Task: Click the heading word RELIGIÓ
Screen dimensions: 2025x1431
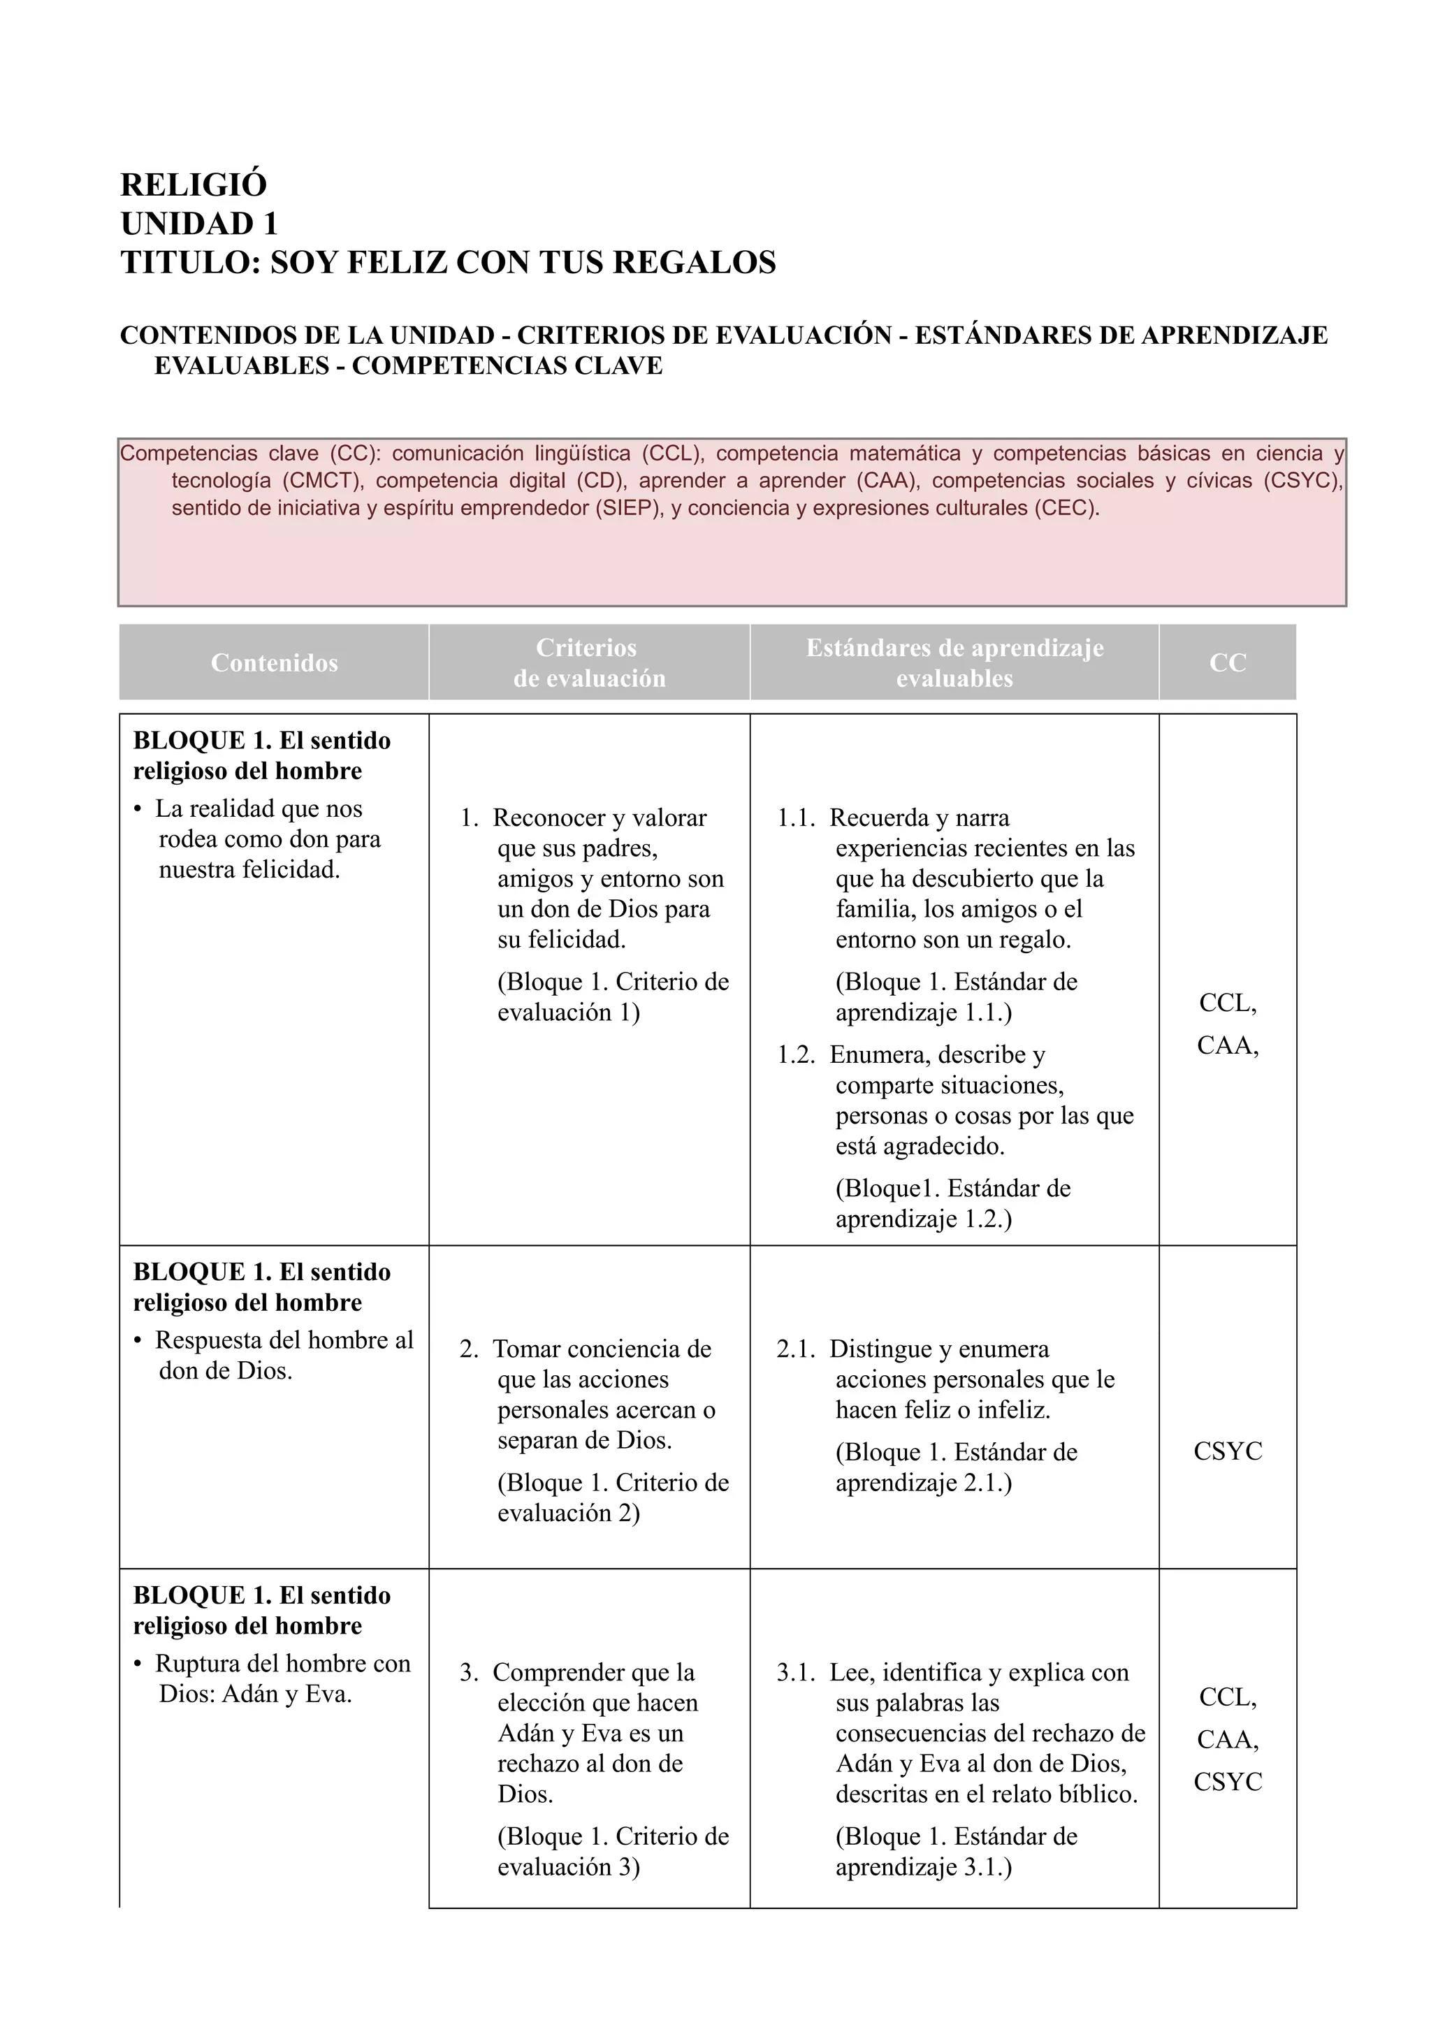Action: pos(193,185)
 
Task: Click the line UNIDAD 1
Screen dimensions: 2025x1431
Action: pos(199,224)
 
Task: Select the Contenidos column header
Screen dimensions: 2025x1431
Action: pos(274,663)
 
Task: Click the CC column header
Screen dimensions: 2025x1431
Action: pos(1228,663)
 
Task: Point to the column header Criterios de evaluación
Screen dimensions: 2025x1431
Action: pos(589,663)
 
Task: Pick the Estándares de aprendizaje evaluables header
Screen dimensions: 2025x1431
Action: pos(954,663)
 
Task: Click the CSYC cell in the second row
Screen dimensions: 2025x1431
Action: pos(1228,1451)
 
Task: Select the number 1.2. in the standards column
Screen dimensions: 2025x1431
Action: pos(795,1055)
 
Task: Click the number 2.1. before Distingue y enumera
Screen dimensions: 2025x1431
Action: pos(795,1349)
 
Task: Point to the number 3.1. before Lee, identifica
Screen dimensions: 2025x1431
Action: pos(795,1673)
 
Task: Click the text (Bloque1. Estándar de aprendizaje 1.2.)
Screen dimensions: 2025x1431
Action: pos(952,1204)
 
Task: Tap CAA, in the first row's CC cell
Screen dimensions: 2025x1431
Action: pos(1228,1045)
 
